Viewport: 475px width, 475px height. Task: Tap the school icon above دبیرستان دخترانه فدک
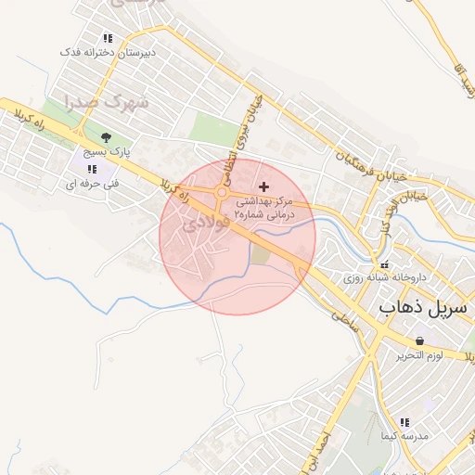(x=108, y=39)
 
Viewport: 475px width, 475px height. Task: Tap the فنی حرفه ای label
(x=88, y=184)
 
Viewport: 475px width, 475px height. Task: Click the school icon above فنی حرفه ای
(x=91, y=169)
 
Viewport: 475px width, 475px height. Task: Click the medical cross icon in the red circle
(x=264, y=186)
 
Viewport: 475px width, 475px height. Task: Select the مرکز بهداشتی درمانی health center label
(x=264, y=207)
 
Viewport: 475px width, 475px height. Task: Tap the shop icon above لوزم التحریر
(x=420, y=341)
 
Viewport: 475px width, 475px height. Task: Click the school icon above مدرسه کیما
(x=388, y=435)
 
